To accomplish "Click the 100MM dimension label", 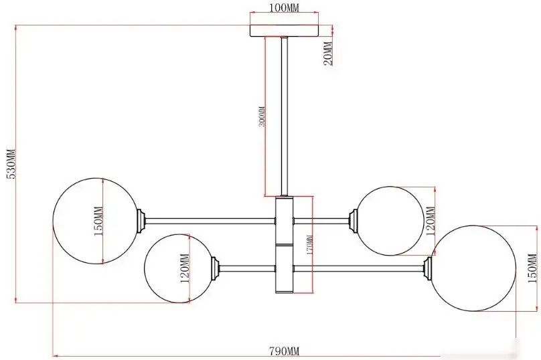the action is (284, 7).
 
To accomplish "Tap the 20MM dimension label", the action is (328, 54).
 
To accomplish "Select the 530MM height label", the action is (11, 164).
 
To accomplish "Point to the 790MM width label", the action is (285, 351).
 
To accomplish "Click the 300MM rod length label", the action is (262, 116).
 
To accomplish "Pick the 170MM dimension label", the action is (309, 245).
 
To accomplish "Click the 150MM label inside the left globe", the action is (98, 221).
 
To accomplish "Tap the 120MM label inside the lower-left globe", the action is (185, 268).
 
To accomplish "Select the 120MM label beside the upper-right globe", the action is (431, 221).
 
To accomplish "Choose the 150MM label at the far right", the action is (532, 268).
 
